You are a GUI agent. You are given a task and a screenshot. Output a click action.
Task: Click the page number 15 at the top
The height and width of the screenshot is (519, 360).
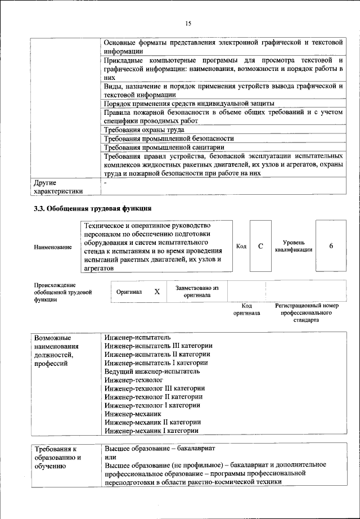[187, 23]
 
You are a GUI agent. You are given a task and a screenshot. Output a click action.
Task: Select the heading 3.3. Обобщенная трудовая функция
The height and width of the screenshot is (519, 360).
[92, 209]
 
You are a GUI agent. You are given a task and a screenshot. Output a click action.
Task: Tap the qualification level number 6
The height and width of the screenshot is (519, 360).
[331, 247]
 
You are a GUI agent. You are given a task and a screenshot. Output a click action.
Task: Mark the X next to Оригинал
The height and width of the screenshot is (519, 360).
[157, 292]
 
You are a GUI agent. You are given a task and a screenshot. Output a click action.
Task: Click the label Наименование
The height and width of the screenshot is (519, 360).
[53, 247]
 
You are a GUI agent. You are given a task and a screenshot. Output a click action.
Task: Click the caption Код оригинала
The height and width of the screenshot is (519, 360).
[246, 309]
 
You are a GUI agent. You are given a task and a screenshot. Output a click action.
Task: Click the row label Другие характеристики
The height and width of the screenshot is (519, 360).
[58, 187]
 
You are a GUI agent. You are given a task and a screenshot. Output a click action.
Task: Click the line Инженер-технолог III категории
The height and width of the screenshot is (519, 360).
[155, 388]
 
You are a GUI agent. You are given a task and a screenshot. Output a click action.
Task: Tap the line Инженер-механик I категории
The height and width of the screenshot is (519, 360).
[151, 431]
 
